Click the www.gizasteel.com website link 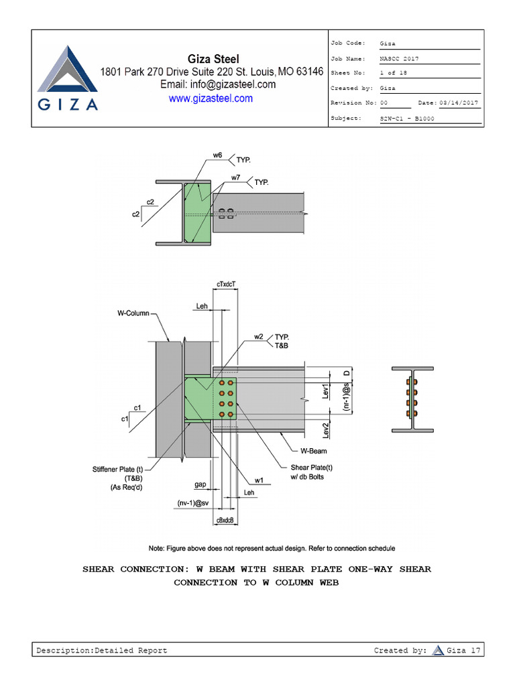pyautogui.click(x=211, y=98)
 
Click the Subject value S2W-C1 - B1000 pyautogui.click(x=406, y=118)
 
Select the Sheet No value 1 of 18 pyautogui.click(x=393, y=73)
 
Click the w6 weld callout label pyautogui.click(x=217, y=155)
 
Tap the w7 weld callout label pyautogui.click(x=236, y=178)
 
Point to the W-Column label pyautogui.click(x=134, y=313)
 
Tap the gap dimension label pyautogui.click(x=200, y=484)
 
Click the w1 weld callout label pyautogui.click(x=258, y=480)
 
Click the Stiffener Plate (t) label pyautogui.click(x=118, y=470)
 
